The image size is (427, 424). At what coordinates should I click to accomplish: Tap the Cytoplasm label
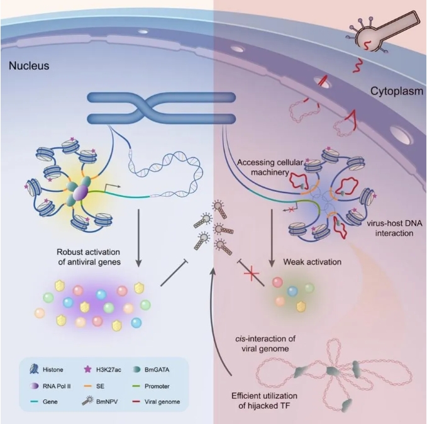point(394,91)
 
